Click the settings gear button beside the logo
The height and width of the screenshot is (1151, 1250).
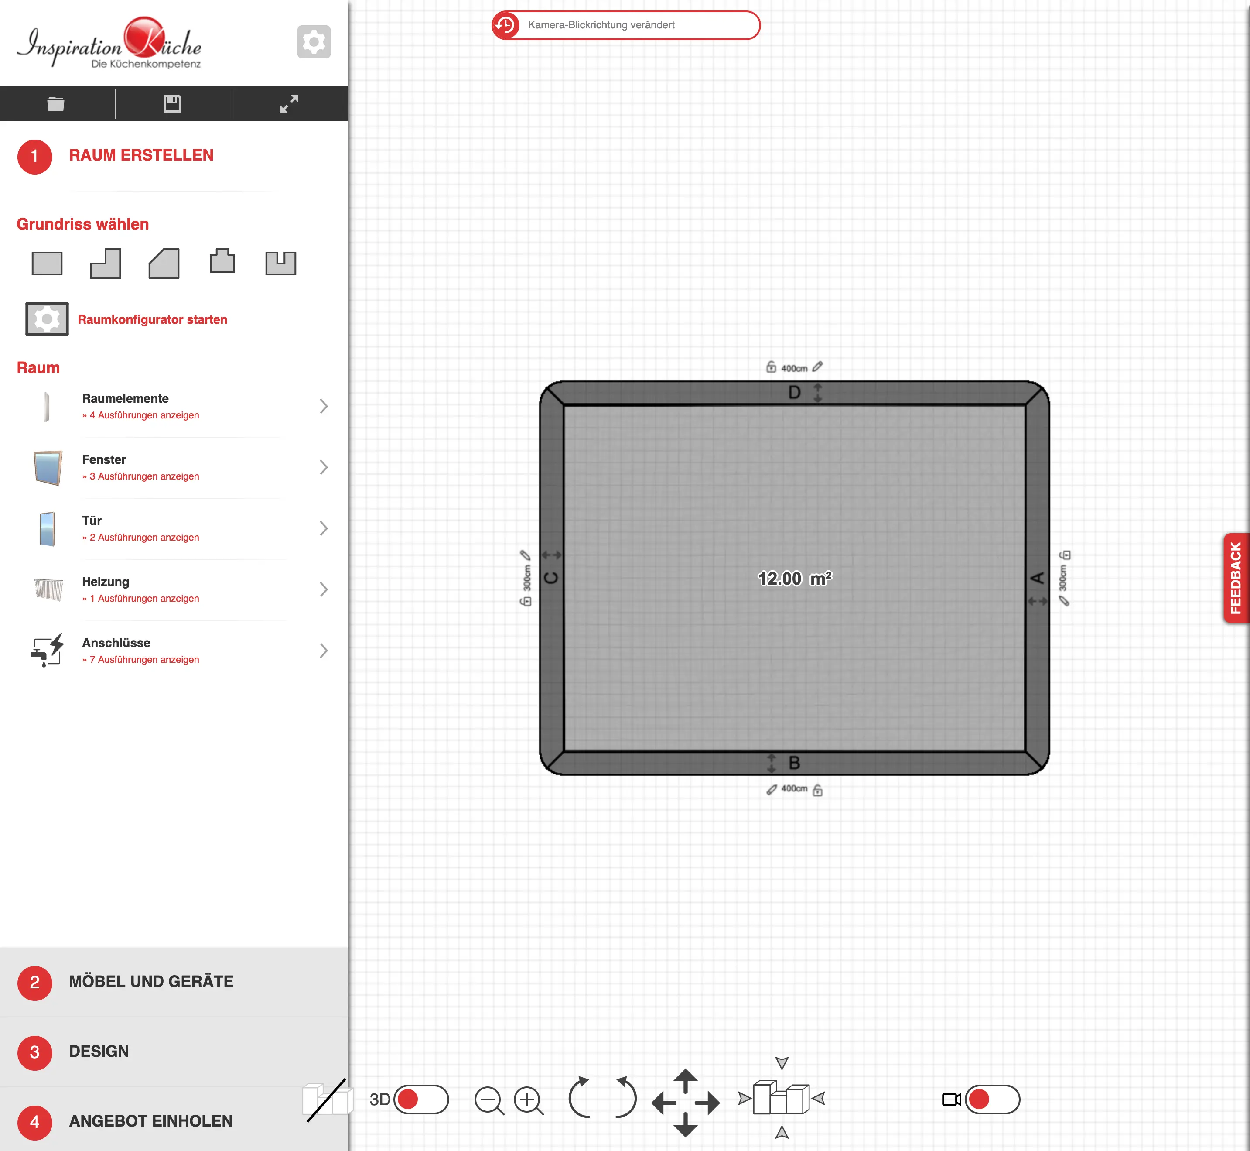tap(314, 42)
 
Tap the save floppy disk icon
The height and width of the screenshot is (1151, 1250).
tap(172, 103)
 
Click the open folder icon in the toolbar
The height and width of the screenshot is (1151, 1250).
tap(56, 103)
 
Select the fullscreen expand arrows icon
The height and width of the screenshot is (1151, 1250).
tap(289, 103)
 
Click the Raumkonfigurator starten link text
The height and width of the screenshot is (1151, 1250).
tap(153, 319)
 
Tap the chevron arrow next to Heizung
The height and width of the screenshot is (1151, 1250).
tap(324, 589)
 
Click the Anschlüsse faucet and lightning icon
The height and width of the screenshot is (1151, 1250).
tap(47, 650)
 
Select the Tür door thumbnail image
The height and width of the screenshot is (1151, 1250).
tap(47, 528)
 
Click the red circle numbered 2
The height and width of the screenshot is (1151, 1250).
tap(35, 982)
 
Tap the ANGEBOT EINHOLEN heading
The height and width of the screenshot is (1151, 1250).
tap(150, 1120)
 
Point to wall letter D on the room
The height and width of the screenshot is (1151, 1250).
tap(794, 392)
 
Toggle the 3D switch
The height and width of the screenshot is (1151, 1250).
tap(421, 1100)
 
